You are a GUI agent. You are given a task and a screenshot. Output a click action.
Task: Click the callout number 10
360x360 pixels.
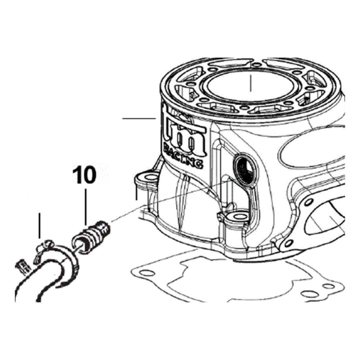(84, 175)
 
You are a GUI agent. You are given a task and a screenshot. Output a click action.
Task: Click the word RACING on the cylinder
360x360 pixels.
(183, 155)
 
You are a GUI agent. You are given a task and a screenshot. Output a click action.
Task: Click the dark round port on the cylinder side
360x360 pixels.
(245, 169)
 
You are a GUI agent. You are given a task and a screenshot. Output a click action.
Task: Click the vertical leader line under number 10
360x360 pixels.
(86, 207)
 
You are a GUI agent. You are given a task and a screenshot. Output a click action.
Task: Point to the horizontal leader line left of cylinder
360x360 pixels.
(139, 118)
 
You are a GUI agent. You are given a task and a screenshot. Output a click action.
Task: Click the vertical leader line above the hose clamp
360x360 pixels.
(39, 225)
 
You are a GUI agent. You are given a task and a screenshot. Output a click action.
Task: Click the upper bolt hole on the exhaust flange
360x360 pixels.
(308, 202)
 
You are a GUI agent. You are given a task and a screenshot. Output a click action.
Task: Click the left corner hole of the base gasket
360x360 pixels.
(147, 273)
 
